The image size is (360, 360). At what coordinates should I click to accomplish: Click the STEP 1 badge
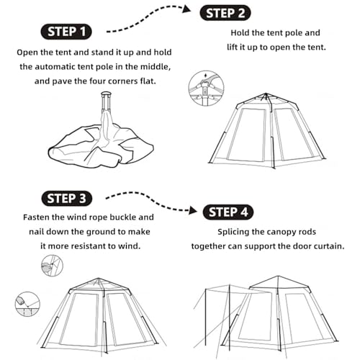click(x=66, y=32)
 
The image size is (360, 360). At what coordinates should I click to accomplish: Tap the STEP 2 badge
click(x=225, y=13)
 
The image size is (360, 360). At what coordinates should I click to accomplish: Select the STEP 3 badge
click(x=66, y=199)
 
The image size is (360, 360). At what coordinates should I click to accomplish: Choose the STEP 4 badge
click(x=228, y=212)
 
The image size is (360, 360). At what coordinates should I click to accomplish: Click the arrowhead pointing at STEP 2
click(x=186, y=9)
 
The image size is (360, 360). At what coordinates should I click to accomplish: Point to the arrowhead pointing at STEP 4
click(x=193, y=210)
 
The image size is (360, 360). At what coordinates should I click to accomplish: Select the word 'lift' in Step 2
click(x=232, y=47)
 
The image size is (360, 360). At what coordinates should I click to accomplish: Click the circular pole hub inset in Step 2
click(x=206, y=88)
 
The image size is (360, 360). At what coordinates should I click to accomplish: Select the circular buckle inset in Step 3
click(x=52, y=266)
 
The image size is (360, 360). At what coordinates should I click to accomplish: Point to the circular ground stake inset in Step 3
click(x=27, y=304)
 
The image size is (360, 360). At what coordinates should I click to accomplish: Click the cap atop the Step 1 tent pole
click(x=106, y=93)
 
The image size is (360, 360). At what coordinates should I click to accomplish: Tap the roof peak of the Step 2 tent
click(x=266, y=94)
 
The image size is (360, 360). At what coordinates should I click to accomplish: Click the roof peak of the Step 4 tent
click(x=279, y=276)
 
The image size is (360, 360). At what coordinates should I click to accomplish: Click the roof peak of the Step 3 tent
click(x=98, y=279)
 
